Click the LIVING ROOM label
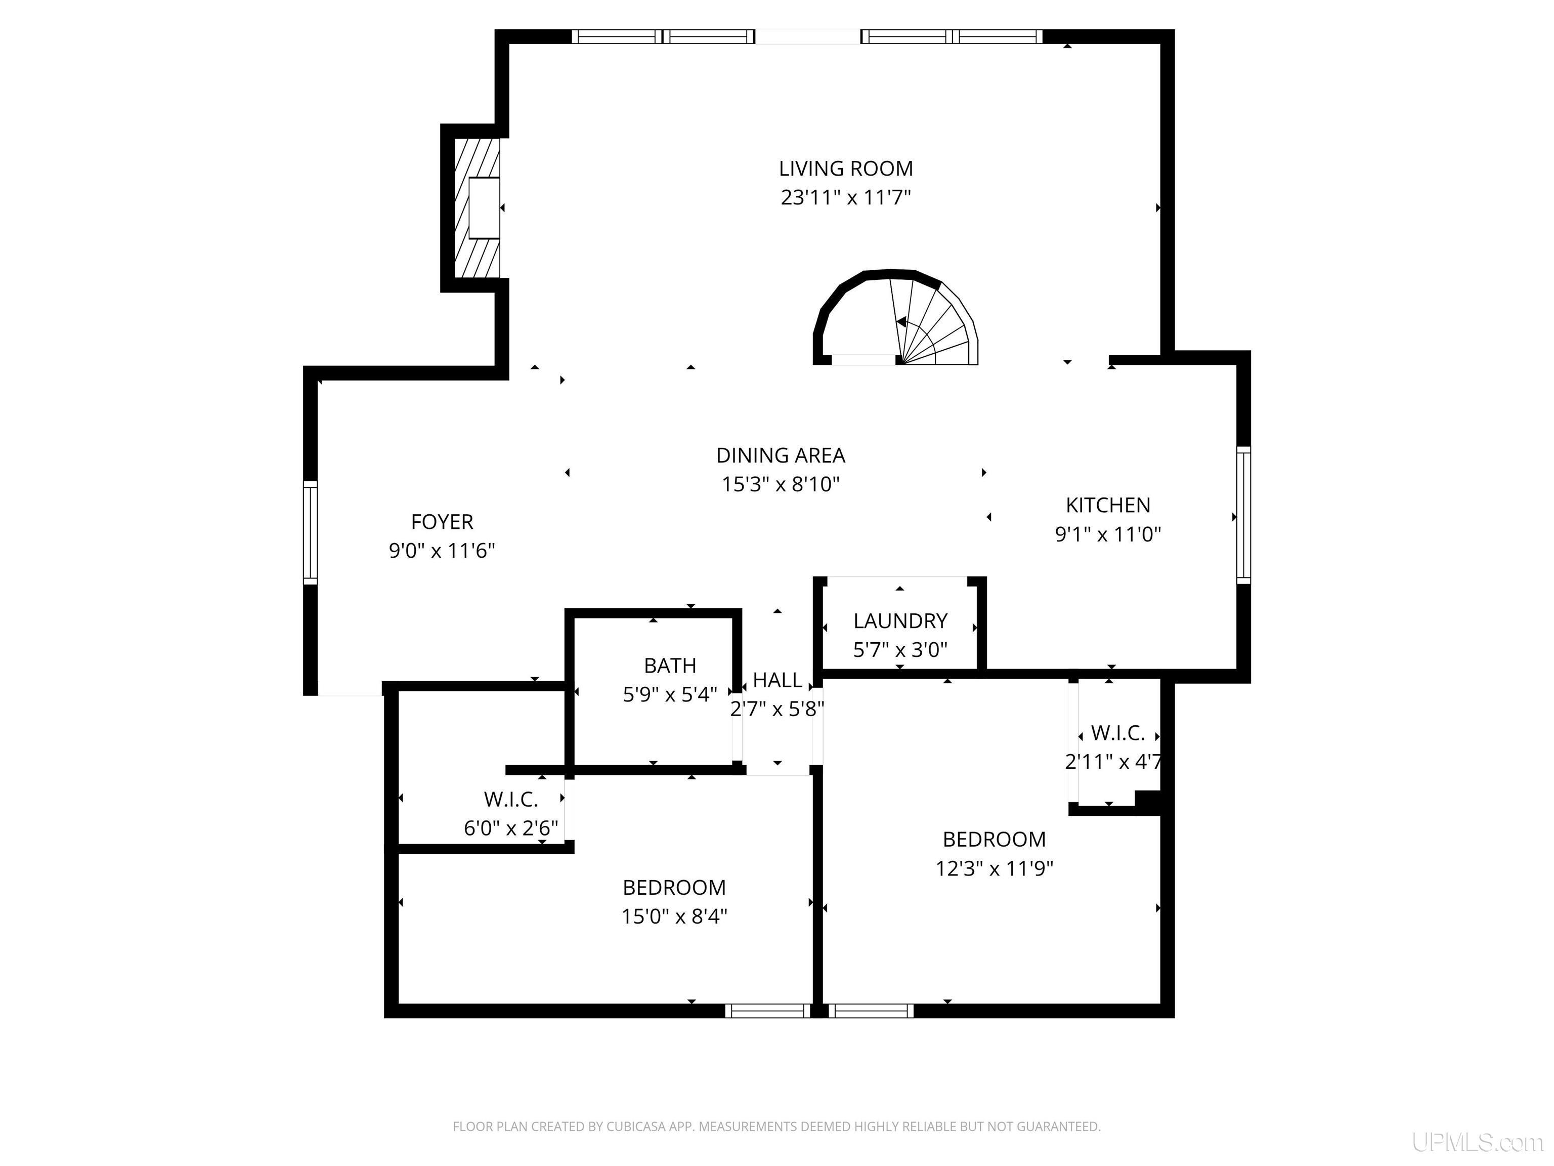point(845,169)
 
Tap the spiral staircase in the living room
point(896,318)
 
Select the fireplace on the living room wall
point(477,207)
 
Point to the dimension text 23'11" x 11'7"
point(845,197)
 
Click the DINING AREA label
point(781,455)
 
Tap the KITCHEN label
point(1108,506)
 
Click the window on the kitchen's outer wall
point(1243,515)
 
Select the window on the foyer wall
point(310,533)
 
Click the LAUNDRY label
point(900,621)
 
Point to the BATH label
point(670,665)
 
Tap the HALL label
point(777,680)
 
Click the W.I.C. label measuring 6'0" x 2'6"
point(511,799)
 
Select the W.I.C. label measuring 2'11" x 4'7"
point(1118,734)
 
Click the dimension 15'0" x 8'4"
point(674,917)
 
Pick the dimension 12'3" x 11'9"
point(994,869)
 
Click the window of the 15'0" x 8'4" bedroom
point(768,1011)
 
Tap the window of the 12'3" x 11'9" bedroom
point(871,1011)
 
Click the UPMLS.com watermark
point(1478,1142)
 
